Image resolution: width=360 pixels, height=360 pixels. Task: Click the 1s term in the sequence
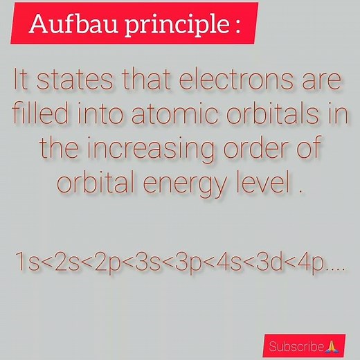pos(26,264)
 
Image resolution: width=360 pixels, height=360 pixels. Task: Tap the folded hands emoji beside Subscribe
pos(331,345)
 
